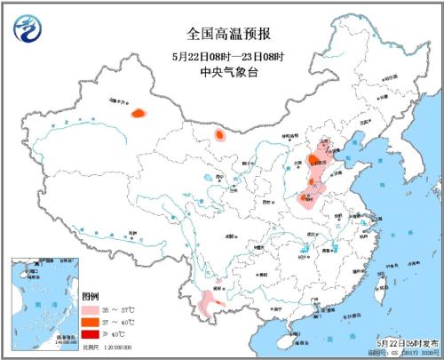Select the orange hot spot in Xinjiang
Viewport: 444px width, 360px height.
point(138,113)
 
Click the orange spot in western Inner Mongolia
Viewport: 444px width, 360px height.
point(218,136)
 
